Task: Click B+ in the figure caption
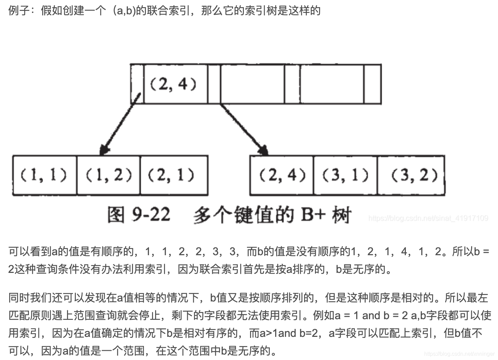click(x=312, y=215)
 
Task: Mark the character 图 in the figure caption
click(x=116, y=215)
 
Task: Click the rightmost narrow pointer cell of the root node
click(x=372, y=84)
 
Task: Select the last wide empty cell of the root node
click(x=332, y=84)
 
